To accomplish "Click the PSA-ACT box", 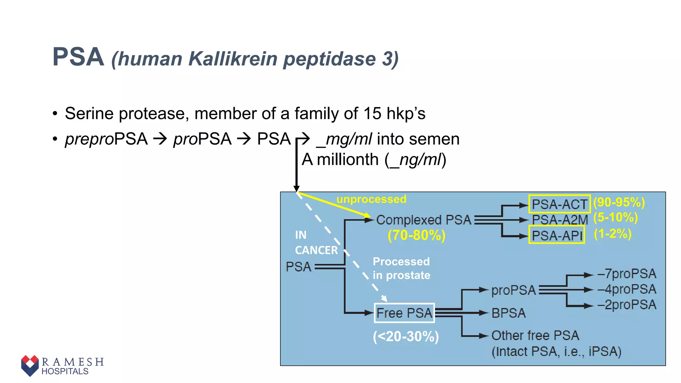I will pos(559,204).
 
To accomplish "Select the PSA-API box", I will pos(557,235).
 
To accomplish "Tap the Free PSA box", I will pos(404,313).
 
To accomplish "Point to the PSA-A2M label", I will pos(560,220).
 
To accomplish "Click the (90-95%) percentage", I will pos(619,202).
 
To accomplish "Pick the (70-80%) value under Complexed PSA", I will pos(416,235).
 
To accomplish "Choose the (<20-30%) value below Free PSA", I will pos(406,336).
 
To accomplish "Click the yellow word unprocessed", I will pos(371,199).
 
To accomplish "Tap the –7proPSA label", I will pos(627,274).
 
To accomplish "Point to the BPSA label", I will pos(508,313).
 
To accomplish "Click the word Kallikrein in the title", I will pos(232,59).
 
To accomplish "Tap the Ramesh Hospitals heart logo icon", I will pos(30,365).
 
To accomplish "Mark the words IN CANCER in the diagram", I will pos(316,243).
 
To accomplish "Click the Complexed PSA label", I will pos(424,220).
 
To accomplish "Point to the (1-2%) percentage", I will pos(613,234).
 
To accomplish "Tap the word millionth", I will pos(347,160).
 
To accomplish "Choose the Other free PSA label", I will pos(535,335).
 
